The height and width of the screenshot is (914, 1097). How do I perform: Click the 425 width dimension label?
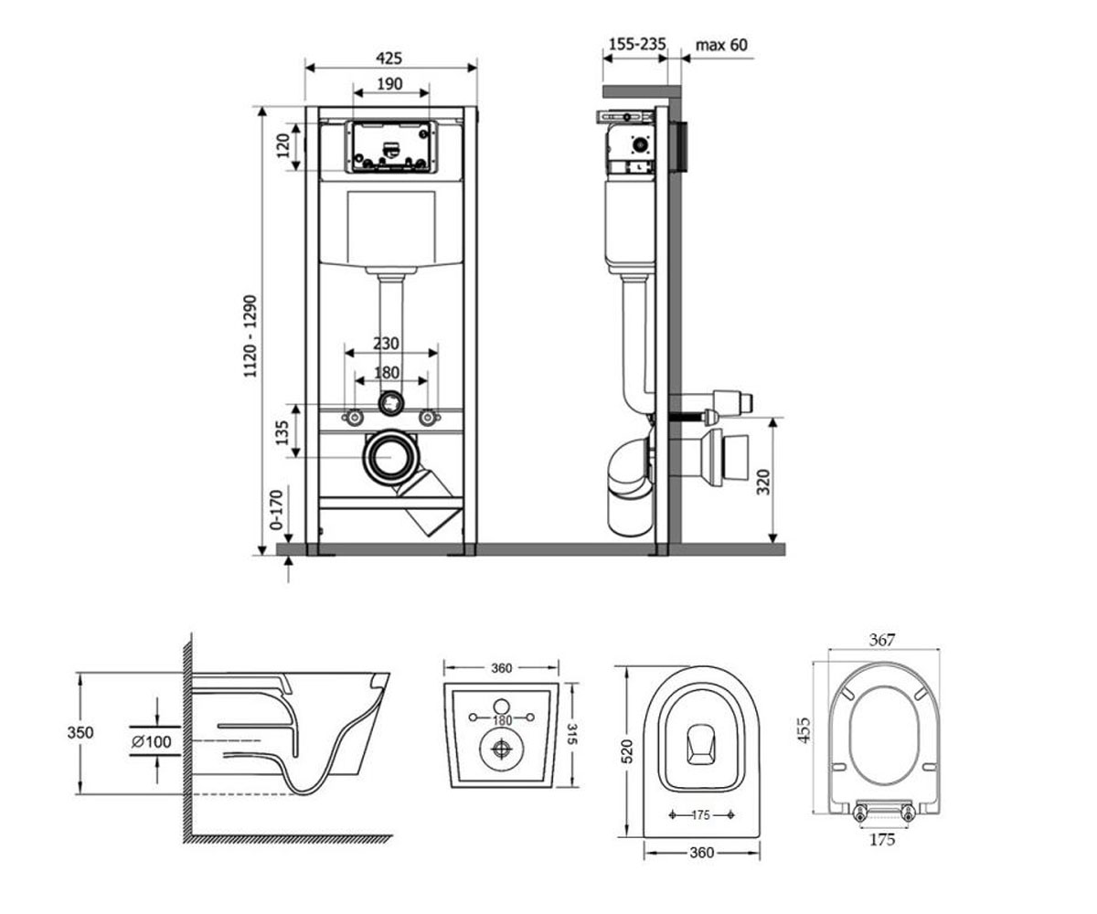(389, 58)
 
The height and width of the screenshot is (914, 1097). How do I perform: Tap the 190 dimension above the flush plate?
(389, 83)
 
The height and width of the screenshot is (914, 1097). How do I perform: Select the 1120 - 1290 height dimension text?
(250, 336)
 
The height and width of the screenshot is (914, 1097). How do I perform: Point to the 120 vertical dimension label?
(282, 146)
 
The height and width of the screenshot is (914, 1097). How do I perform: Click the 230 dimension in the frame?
(386, 343)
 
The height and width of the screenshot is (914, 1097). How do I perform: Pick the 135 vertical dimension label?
(282, 431)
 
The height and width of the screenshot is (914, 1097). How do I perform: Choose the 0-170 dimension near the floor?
(276, 510)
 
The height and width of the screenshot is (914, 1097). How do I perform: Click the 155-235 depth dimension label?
(637, 44)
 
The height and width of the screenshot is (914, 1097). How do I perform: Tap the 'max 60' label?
(721, 45)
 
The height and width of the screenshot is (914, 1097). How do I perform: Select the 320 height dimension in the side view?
(762, 482)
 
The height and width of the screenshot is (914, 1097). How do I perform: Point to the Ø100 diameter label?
(152, 741)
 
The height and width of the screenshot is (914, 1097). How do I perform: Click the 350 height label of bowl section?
(80, 732)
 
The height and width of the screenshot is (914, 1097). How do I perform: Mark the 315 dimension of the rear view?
(572, 734)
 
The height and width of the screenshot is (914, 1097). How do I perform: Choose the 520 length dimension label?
(627, 750)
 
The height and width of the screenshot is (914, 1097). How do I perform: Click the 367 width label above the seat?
(881, 639)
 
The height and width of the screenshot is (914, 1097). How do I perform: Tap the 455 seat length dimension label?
(804, 730)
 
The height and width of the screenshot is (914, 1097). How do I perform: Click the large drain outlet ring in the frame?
(391, 458)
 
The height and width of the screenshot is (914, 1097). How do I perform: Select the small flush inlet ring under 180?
(391, 403)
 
